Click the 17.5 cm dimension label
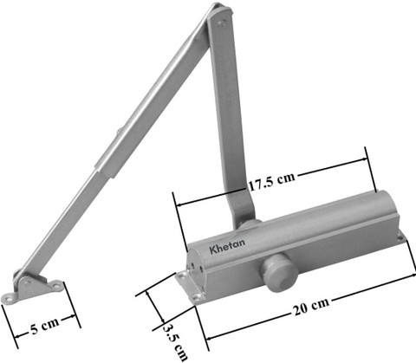[x=272, y=182]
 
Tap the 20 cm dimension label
[x=311, y=308]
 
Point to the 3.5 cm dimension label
[x=175, y=342]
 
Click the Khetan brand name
[x=227, y=246]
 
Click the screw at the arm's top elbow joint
[x=222, y=23]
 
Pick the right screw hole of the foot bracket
[x=56, y=286]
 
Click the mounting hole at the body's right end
[x=400, y=237]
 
